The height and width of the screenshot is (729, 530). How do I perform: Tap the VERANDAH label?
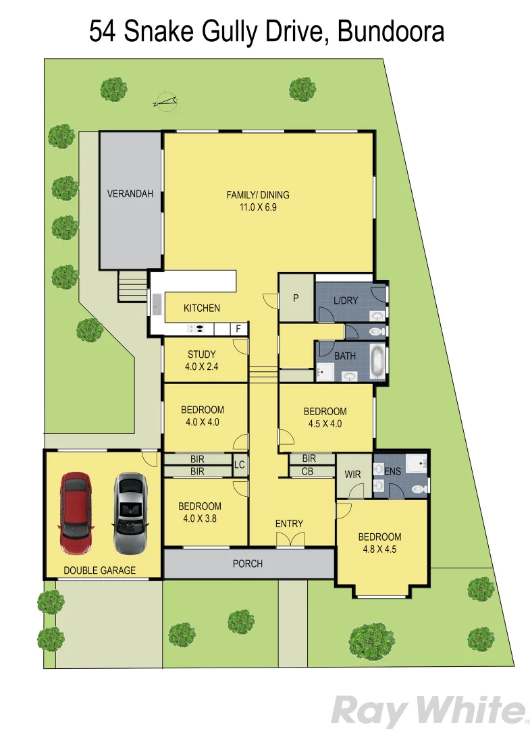click(130, 194)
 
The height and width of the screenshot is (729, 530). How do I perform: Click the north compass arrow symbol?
click(165, 102)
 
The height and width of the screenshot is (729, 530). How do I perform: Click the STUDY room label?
click(202, 354)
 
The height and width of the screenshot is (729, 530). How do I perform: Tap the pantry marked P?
click(296, 298)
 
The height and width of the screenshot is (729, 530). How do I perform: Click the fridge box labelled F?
click(238, 329)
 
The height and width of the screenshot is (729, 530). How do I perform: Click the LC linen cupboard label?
click(239, 464)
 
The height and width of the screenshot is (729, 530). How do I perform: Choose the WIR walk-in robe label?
click(352, 475)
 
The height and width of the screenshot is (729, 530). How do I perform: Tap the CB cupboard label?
click(307, 471)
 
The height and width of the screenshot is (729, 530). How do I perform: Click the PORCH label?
click(247, 564)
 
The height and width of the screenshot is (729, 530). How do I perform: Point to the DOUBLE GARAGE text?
click(99, 570)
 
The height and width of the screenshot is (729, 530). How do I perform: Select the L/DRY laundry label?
click(346, 300)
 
